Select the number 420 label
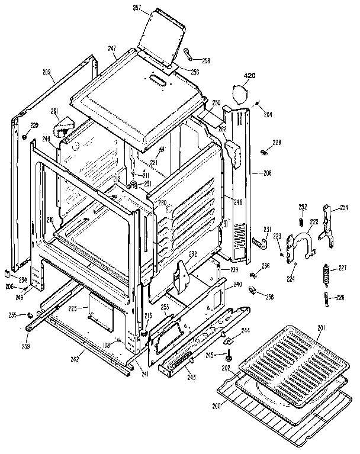click(250, 76)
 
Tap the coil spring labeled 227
click(325, 275)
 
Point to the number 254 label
click(344, 207)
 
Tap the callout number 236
click(266, 266)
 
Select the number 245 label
click(210, 356)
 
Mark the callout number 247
click(111, 47)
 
